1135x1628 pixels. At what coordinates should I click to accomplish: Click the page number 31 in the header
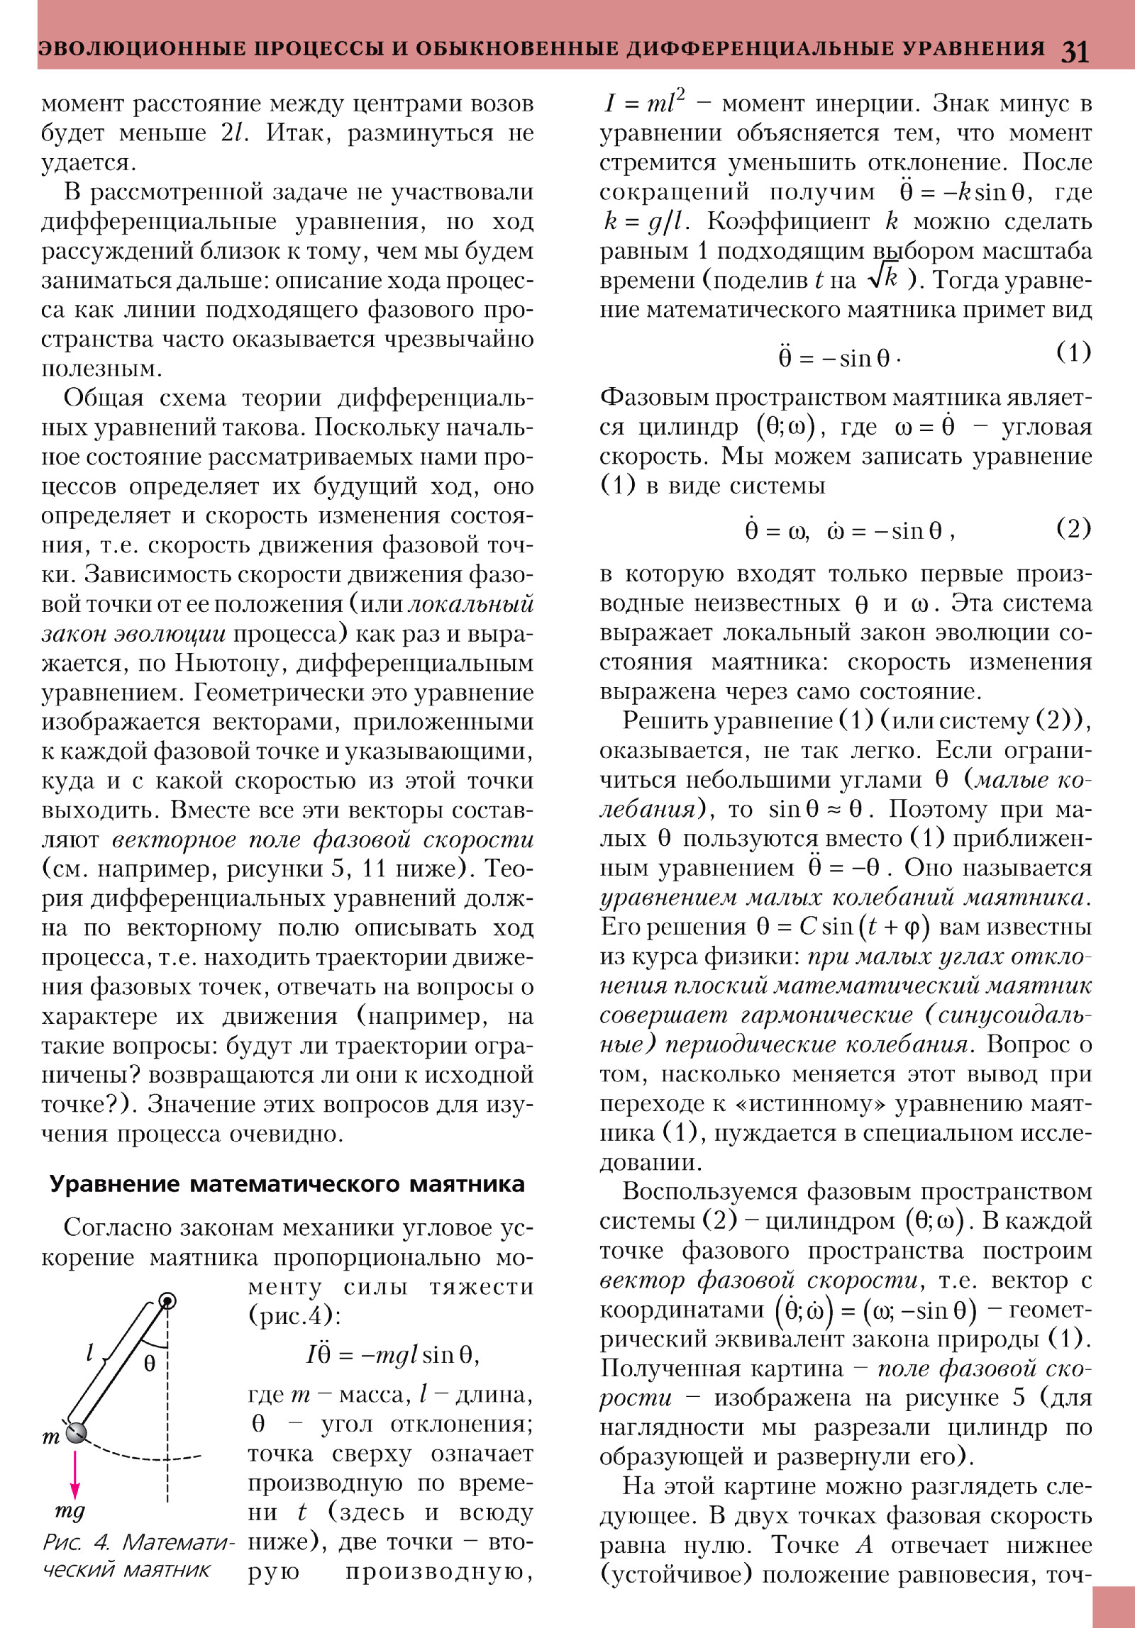point(1075,52)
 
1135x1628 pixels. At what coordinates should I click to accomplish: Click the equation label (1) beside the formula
point(1073,352)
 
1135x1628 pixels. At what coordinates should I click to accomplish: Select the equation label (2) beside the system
point(1073,528)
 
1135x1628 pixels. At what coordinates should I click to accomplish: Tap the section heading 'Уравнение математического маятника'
point(287,1184)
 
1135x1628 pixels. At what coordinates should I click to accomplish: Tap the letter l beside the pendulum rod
point(90,1354)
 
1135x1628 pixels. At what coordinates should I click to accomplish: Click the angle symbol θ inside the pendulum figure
point(149,1363)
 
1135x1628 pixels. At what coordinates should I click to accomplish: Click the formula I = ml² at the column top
point(644,104)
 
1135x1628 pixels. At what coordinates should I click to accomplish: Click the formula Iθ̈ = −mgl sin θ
point(392,1355)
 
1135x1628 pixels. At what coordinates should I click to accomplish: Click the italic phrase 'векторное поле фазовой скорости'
point(323,840)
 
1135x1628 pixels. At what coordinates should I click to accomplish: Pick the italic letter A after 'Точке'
point(863,1546)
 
